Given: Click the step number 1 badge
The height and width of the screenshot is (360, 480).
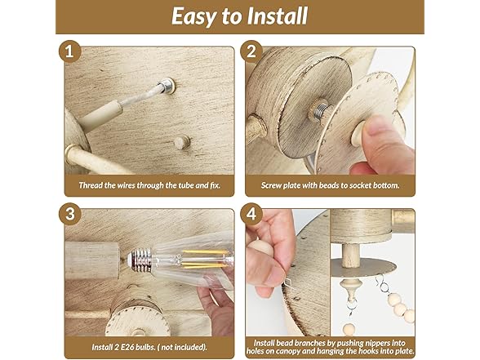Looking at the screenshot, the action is [x=70, y=51].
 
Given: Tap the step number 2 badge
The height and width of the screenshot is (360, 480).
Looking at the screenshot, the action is [x=251, y=51].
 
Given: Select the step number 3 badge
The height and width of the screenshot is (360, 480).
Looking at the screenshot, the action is [x=70, y=214].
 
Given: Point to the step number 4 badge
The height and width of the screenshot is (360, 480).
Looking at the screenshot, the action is [x=251, y=214].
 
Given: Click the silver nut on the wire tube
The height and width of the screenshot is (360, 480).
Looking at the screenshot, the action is [x=167, y=85].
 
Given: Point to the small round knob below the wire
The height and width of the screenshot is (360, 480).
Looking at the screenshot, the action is [x=182, y=142].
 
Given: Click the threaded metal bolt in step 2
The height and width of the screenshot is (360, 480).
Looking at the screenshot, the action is [x=320, y=109].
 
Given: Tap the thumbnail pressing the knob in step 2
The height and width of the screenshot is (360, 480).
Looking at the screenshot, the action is [x=376, y=126].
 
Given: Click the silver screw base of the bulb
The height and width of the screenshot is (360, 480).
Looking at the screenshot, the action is [x=140, y=260].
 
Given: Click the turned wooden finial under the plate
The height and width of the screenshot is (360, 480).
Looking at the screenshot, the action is [x=351, y=290].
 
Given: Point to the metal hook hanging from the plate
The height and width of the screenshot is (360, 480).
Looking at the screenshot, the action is [x=383, y=285].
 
